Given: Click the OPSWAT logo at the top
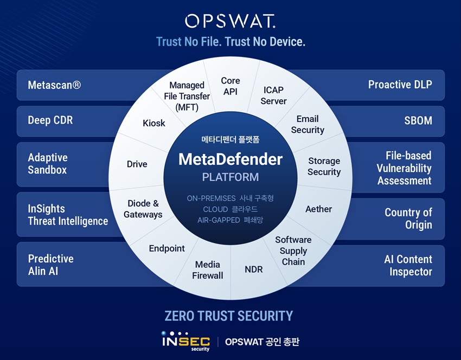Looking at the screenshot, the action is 230,21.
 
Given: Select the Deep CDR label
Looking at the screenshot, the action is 50,120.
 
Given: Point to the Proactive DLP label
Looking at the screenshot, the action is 400,85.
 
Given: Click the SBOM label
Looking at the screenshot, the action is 418,120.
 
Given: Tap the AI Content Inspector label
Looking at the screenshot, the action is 408,265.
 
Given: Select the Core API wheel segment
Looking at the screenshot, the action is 230,86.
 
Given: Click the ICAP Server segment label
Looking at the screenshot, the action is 273,95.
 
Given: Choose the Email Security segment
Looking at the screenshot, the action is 308,124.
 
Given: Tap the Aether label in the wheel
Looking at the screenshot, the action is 319,209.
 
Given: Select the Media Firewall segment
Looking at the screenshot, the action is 208,270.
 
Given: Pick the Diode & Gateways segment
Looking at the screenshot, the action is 143,209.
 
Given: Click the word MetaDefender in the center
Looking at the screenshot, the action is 230,159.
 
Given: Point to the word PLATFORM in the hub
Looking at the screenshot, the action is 230,177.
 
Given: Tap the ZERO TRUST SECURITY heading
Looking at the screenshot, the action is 229,316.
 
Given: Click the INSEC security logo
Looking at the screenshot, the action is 186,341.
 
